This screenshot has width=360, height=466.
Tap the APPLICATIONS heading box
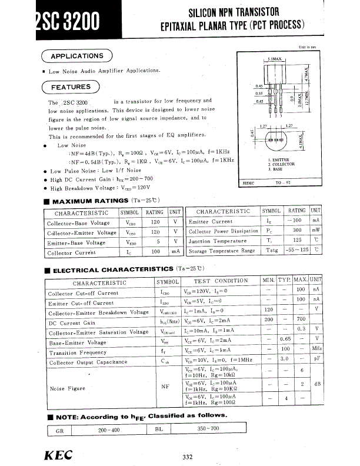click(x=76, y=56)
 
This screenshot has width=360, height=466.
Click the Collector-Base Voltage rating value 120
click(x=155, y=223)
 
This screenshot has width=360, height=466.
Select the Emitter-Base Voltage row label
click(x=76, y=242)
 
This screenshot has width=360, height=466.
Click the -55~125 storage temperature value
click(x=298, y=251)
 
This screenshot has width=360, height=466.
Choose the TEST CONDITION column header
click(x=221, y=281)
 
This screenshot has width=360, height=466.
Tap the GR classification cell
click(x=59, y=430)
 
